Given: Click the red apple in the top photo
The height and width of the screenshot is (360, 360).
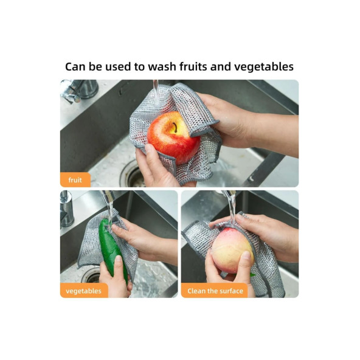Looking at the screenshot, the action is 174,138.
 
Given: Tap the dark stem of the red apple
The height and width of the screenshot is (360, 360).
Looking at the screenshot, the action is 175,128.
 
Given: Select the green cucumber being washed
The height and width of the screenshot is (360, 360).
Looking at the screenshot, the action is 112,249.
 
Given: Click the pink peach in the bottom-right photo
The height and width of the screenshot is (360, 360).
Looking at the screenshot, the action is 232,251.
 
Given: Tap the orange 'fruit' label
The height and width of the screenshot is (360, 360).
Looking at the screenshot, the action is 75,180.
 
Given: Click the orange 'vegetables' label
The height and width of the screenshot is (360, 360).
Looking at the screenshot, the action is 84,291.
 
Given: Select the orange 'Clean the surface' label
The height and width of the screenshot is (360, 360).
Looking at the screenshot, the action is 215,291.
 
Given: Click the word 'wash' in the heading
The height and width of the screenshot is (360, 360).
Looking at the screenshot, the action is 162,67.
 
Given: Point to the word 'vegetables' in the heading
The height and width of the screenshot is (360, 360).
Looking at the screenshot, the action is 264,67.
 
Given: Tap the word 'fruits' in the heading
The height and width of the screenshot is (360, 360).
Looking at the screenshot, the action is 193,67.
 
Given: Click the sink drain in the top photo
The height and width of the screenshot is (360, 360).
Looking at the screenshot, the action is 133,175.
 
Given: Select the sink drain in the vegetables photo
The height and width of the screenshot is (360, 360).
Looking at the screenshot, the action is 91,275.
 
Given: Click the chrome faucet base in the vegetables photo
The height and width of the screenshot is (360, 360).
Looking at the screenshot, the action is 66,210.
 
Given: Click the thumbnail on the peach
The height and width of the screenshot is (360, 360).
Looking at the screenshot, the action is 246,255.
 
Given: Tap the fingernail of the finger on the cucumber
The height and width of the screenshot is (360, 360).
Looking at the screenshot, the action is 119,259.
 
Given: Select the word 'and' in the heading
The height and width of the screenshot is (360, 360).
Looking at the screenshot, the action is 221,67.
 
